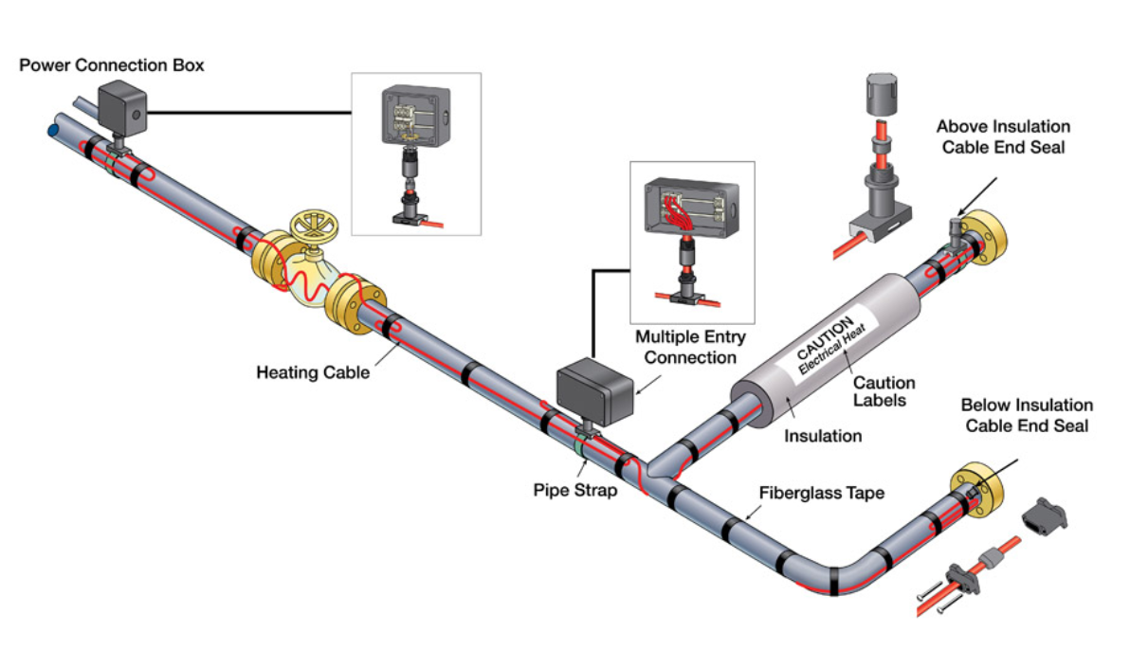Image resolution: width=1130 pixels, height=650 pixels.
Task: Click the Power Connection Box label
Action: coord(112,65)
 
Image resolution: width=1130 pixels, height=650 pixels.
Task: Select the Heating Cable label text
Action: coord(313,372)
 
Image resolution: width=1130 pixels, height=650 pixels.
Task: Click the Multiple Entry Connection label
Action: coord(690,347)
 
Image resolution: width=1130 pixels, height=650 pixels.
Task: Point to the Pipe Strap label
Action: coord(574,491)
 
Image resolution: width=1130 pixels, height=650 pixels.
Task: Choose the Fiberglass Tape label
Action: coord(822,494)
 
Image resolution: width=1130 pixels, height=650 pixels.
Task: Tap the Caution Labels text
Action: coord(884,391)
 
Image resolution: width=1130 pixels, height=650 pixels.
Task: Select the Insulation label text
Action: coord(823,436)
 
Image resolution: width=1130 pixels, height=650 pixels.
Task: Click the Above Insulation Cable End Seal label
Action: coord(1003,136)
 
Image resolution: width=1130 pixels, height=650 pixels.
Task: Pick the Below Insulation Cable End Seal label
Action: coord(1027,416)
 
